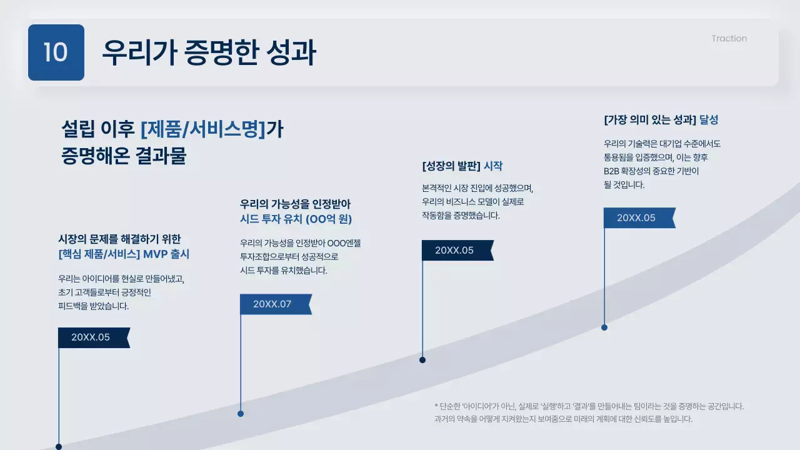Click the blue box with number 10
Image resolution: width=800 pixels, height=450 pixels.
56,52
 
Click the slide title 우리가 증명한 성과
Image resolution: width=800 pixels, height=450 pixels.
209,52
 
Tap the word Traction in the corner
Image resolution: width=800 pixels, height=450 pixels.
729,38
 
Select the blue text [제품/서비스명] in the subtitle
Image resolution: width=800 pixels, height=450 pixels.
204,129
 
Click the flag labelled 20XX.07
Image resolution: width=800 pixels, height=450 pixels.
275,304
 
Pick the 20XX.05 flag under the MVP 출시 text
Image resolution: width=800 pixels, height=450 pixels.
93,337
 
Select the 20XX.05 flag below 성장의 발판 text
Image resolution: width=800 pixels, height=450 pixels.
457,251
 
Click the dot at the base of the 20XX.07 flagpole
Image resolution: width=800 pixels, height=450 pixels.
241,414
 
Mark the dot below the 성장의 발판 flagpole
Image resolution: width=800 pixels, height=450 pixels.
422,360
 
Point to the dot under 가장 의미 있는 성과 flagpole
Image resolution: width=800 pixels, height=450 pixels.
604,327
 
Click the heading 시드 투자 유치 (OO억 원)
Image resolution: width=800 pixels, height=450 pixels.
296,219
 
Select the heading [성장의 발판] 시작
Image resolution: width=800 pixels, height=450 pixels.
462,166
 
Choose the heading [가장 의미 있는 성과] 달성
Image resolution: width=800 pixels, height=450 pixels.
666,120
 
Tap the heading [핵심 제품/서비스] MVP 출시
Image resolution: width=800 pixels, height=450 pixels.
124,254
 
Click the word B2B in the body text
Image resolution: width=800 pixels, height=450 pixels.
611,171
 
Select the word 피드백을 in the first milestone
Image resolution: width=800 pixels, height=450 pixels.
79,306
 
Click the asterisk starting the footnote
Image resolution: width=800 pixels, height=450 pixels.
436,405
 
